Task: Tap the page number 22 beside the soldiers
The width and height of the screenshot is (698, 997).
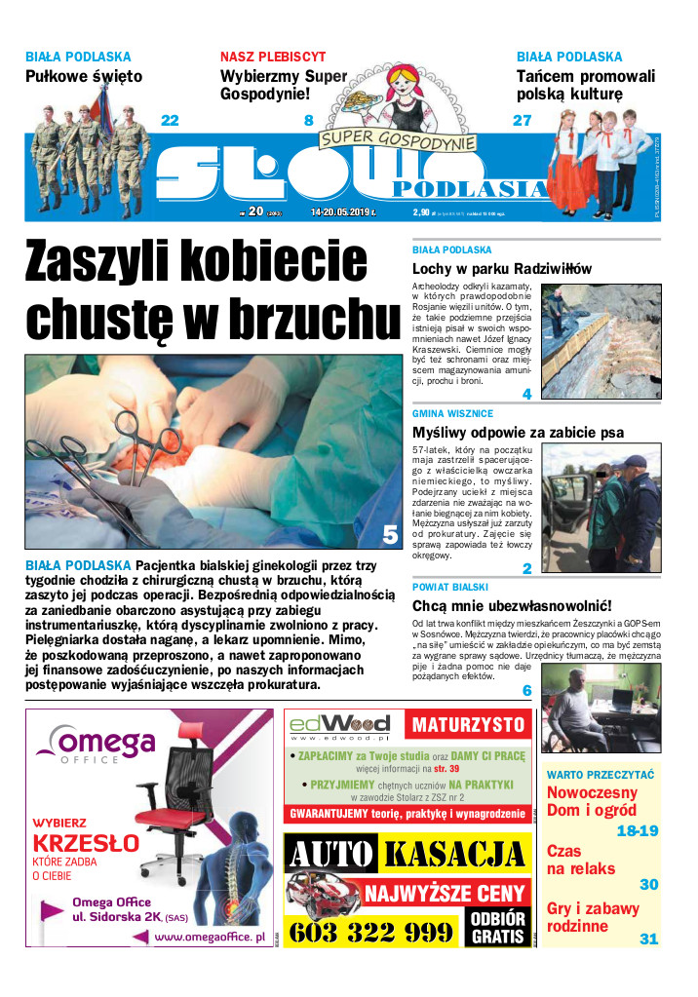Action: click(x=170, y=121)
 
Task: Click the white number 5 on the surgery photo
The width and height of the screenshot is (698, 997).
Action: click(x=390, y=534)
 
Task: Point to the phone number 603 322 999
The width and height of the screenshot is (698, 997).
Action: click(x=371, y=933)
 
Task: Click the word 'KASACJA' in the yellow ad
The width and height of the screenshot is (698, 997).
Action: click(x=454, y=856)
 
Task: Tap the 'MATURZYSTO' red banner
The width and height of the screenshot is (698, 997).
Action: click(x=470, y=725)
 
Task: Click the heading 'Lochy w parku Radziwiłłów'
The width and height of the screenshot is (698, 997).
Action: click(x=502, y=269)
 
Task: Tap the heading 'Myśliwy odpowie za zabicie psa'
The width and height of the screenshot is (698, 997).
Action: click(x=518, y=433)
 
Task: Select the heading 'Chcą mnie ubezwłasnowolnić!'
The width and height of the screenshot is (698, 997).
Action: click(x=512, y=605)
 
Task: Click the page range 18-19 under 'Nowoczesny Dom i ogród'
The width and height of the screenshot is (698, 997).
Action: click(x=638, y=831)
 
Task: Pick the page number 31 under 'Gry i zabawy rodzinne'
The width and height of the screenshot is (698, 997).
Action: click(x=648, y=939)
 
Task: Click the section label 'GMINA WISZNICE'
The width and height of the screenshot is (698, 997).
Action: click(x=453, y=414)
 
